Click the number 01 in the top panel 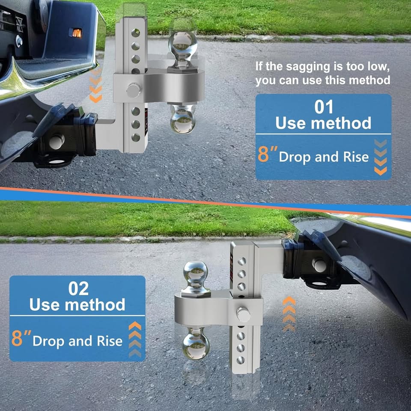[x=324, y=107]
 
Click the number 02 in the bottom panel [x=78, y=289]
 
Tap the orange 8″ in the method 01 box [x=267, y=155]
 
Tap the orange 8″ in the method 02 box [x=21, y=338]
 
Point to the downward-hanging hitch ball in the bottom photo [x=196, y=344]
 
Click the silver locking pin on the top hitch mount [x=134, y=90]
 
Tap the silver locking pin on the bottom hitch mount [x=243, y=314]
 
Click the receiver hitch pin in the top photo [x=57, y=142]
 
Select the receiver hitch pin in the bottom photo [x=319, y=265]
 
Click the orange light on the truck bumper [x=76, y=33]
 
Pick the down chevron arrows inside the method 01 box [x=381, y=157]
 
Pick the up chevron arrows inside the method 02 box [x=135, y=339]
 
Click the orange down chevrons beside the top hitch [x=95, y=86]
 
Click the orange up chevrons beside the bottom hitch [x=289, y=314]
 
